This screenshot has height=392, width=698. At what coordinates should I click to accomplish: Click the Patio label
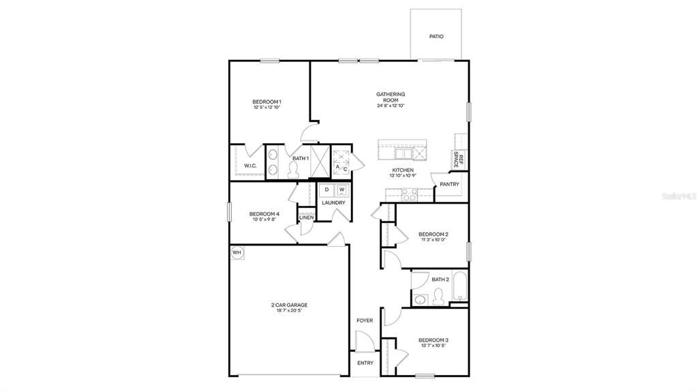point(436,36)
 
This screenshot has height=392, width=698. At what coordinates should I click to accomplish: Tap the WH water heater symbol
point(237,253)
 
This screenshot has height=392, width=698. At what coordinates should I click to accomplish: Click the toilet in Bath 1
point(294,171)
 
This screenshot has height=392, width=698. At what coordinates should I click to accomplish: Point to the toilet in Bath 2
point(440,295)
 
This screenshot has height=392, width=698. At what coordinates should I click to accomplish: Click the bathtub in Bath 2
point(460,287)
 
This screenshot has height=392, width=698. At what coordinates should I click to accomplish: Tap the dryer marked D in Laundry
point(327,190)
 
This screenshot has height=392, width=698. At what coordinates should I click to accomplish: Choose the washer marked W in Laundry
point(342,190)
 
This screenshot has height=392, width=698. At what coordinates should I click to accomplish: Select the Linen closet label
point(306,217)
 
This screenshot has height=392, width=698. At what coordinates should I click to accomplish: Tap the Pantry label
point(449,184)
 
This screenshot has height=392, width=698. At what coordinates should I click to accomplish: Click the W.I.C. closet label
point(249,166)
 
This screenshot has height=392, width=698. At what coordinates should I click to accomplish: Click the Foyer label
point(365,320)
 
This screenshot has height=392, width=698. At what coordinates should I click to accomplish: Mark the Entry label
point(365,363)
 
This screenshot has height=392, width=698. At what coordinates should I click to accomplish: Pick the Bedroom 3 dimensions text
point(434,346)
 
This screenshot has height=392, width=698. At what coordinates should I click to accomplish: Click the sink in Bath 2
point(421,298)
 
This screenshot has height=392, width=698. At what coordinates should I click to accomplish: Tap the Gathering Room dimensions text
point(391,106)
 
